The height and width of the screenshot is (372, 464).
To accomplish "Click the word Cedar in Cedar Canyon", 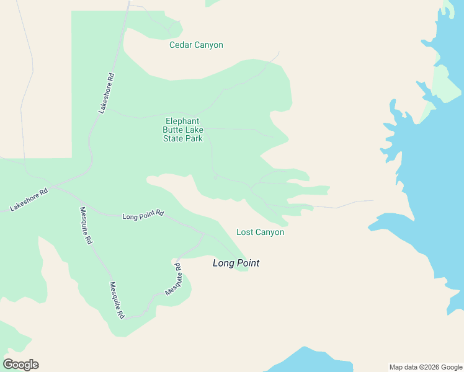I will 181,45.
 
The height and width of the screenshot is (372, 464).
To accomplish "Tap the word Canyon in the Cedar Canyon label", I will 208,45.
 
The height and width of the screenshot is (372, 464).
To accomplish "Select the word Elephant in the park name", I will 182,122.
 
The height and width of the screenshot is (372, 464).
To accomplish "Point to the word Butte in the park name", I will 174,130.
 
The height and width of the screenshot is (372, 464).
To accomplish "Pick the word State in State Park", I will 174,139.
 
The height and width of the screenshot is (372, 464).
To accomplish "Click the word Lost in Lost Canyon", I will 244,232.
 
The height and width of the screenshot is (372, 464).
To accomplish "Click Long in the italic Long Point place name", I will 223,263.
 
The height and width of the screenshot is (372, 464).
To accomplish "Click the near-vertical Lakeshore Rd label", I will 107,93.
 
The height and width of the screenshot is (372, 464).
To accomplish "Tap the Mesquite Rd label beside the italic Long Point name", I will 174,279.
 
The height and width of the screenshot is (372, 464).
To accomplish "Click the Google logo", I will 20,365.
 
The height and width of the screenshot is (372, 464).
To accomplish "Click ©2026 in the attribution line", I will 431,367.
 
